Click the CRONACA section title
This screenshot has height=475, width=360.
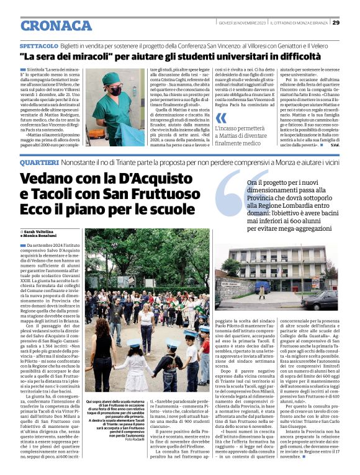click(56, 25)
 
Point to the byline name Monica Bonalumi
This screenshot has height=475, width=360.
click(42, 236)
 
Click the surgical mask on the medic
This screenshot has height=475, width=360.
click(115, 91)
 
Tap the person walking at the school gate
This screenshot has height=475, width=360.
click(261, 291)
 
